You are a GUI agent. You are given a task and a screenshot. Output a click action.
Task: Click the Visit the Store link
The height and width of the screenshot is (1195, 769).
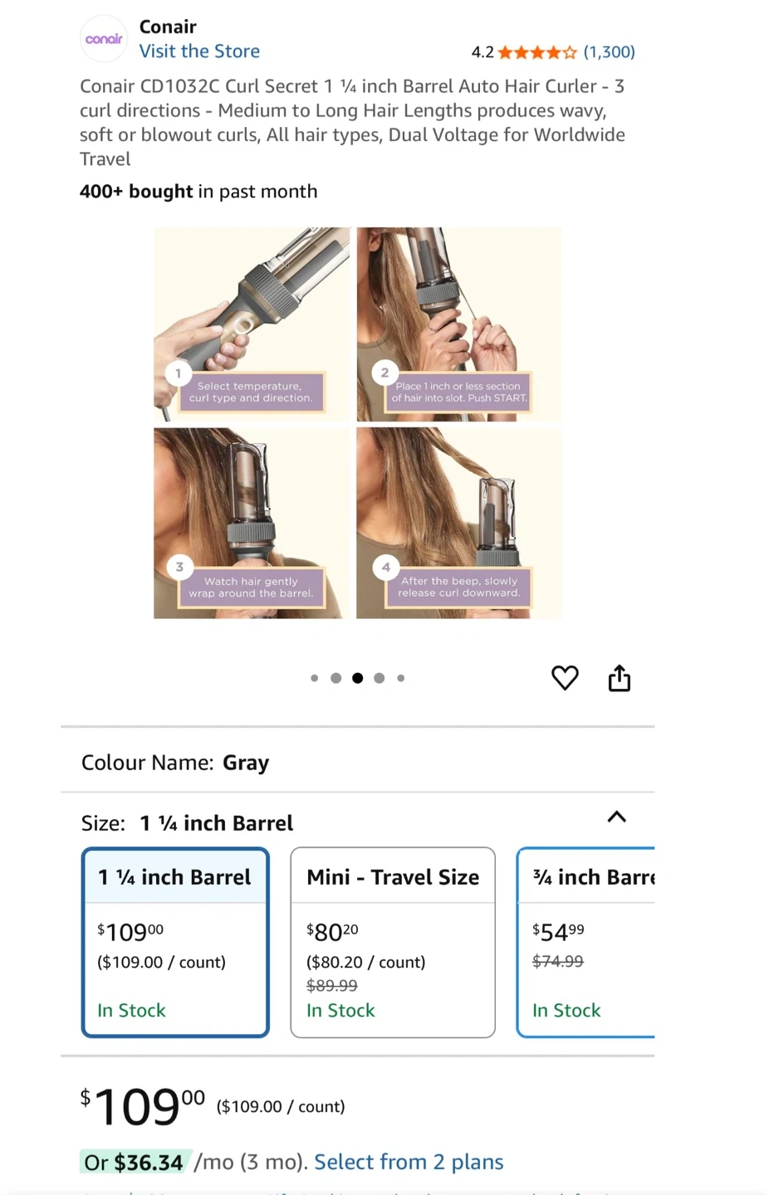tap(199, 51)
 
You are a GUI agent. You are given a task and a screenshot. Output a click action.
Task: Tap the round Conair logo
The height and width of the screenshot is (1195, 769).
tap(104, 38)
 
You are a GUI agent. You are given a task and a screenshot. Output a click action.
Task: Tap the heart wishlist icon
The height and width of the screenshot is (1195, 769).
tap(565, 678)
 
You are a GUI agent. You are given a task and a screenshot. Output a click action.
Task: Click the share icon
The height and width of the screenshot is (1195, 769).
tap(620, 678)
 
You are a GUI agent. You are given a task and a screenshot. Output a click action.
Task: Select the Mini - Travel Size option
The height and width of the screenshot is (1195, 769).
tap(393, 942)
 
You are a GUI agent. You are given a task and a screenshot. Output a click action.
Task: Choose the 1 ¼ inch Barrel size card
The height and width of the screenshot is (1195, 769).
tap(175, 942)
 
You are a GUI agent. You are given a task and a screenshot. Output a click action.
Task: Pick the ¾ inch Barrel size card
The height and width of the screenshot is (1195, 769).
tap(585, 942)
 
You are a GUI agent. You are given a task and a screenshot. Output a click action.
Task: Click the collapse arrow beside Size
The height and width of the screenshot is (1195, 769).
tap(617, 817)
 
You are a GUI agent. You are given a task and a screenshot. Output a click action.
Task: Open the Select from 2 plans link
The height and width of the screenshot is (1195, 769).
tap(409, 1162)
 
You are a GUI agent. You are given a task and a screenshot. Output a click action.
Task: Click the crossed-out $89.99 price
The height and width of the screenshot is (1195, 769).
tap(331, 985)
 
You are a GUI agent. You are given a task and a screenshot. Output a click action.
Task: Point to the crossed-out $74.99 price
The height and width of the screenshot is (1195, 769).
tap(558, 961)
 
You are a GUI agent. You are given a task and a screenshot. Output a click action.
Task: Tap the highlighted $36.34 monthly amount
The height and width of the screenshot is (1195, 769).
tap(149, 1163)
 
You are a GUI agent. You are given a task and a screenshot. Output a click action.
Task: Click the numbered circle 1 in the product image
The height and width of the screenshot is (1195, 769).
tap(179, 373)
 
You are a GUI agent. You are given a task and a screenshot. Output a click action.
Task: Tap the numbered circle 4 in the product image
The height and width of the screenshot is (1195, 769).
tap(386, 567)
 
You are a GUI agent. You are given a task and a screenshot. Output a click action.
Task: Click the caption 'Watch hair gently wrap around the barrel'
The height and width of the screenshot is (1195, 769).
tap(251, 588)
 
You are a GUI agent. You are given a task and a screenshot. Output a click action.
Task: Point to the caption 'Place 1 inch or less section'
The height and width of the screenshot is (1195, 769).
tap(458, 386)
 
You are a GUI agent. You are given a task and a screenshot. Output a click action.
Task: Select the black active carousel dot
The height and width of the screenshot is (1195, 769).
tap(358, 678)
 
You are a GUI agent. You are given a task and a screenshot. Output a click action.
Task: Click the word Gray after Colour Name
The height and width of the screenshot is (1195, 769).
tap(246, 763)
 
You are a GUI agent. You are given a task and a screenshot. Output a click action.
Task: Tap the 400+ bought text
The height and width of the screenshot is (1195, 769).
tap(136, 191)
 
